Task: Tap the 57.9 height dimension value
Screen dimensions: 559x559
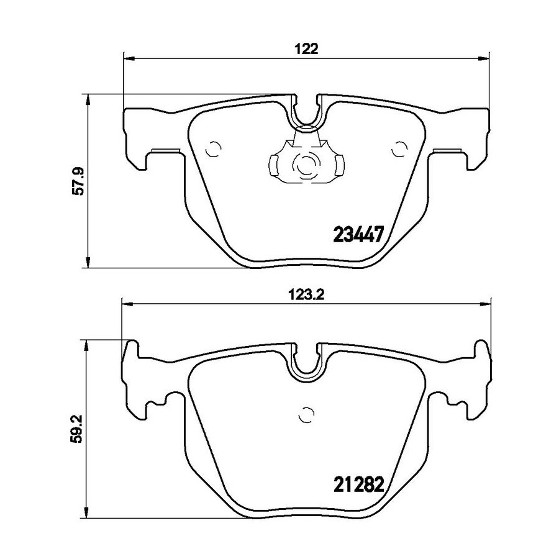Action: [78, 181]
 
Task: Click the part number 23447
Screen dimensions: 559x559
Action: [358, 235]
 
